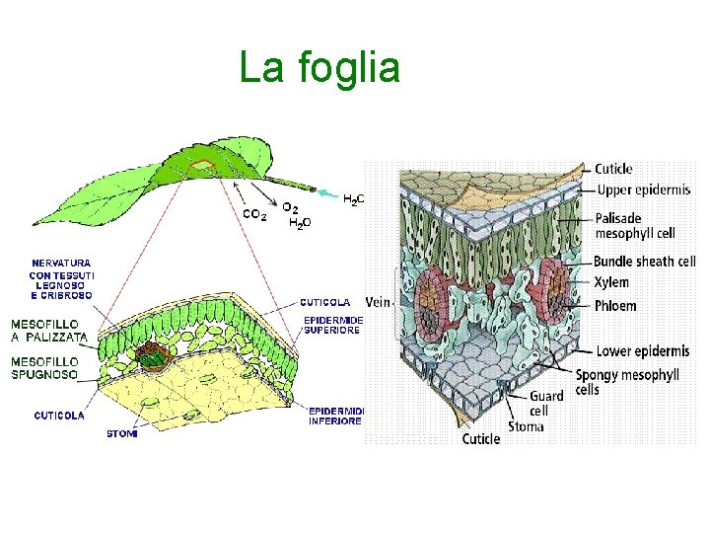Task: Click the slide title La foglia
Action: point(319,69)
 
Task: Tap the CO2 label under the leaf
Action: point(254,214)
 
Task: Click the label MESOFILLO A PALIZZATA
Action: point(49,331)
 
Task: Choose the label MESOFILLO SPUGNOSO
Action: point(45,368)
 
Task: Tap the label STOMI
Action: point(122,434)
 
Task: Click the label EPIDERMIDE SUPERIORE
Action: point(333,326)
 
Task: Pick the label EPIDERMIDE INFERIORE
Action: point(335,416)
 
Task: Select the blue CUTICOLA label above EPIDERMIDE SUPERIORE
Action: point(325,302)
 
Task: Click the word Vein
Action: point(378,302)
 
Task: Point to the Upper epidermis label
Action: point(642,190)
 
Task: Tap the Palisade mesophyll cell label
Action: point(635,226)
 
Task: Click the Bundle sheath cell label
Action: point(646,262)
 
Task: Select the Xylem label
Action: point(611,283)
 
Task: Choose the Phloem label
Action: point(615,306)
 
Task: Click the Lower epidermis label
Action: point(642,351)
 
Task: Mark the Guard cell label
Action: point(546,403)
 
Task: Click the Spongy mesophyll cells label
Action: point(627,382)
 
